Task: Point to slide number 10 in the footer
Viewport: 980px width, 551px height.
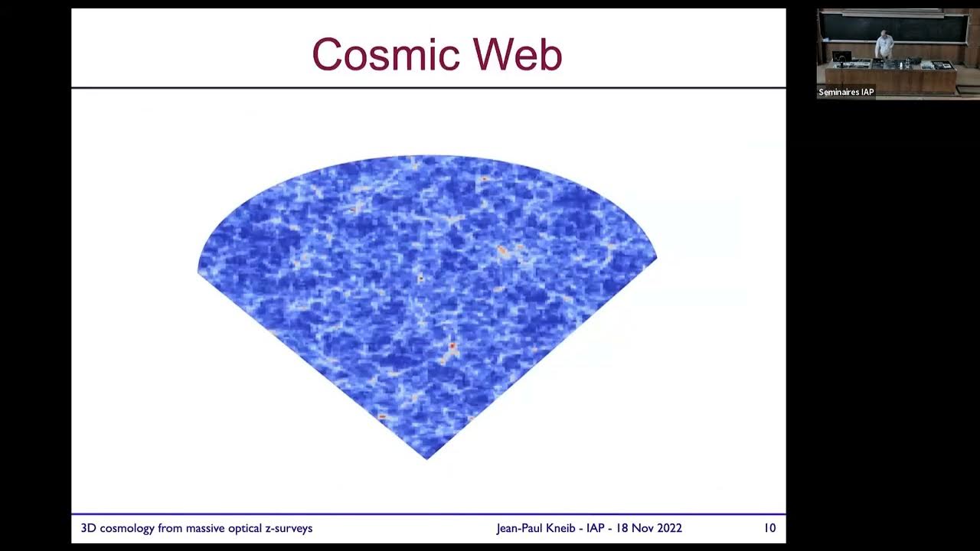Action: (x=769, y=528)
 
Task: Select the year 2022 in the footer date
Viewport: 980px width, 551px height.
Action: (x=668, y=528)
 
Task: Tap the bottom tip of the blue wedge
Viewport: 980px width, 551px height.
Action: (x=427, y=458)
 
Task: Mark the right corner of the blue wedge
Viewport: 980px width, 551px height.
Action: (x=655, y=258)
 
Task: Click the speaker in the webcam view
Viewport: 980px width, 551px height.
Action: (x=885, y=44)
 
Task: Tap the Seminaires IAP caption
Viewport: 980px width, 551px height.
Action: (x=846, y=93)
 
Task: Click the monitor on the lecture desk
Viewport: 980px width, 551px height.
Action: (x=841, y=57)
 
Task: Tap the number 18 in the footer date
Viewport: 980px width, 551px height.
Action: (x=620, y=528)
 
